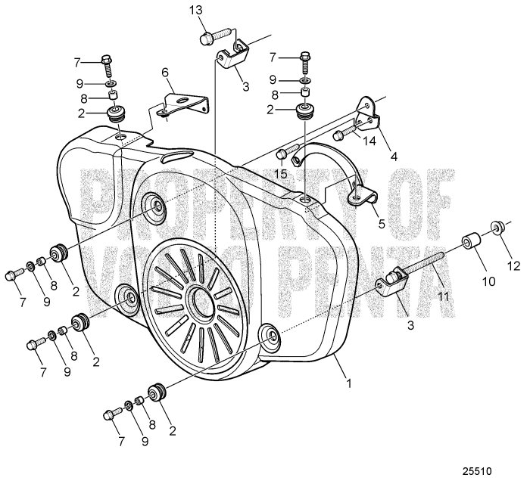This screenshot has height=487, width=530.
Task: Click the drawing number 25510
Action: (477, 471)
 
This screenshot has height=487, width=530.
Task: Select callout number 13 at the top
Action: (195, 11)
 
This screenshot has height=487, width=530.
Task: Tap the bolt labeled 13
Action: (216, 36)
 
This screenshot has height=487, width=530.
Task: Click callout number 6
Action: (165, 73)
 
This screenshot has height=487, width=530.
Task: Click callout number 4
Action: (394, 157)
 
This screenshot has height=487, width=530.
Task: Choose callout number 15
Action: (281, 174)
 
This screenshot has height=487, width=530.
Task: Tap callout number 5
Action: (382, 224)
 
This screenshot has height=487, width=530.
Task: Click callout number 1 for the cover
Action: (348, 383)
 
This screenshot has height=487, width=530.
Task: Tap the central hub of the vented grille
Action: (202, 298)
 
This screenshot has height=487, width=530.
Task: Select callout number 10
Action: (488, 281)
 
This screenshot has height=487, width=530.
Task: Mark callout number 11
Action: (443, 296)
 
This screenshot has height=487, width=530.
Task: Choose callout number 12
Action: (514, 266)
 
